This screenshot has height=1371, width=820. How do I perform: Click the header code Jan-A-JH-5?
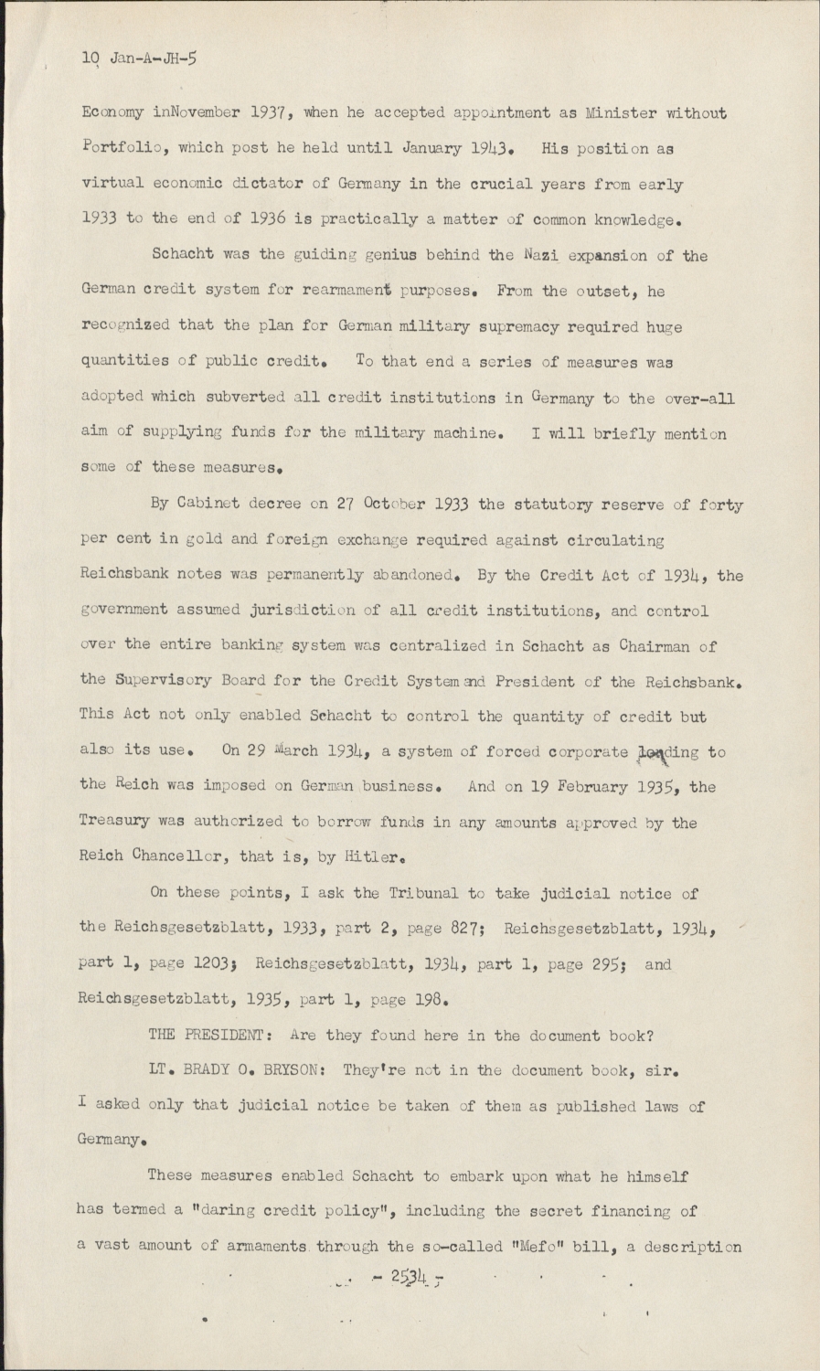pos(154,58)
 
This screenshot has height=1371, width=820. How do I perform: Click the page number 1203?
pos(215,962)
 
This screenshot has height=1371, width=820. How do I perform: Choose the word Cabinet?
pos(213,505)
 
